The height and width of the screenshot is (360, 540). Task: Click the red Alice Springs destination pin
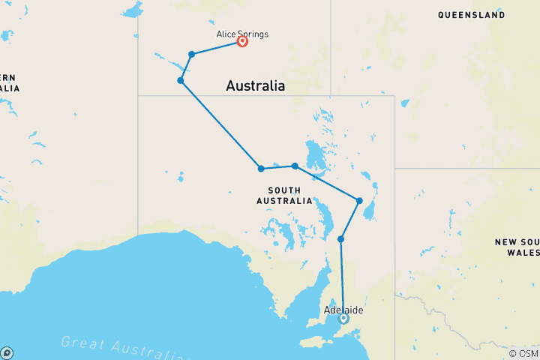tap(243, 41)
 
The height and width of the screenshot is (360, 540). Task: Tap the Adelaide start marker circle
tap(343, 318)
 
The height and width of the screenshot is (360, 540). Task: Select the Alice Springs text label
tap(242, 34)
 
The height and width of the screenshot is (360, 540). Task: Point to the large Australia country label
tap(255, 86)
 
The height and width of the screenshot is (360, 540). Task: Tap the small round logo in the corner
tap(7, 352)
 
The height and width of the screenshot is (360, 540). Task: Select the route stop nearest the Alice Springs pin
tap(192, 54)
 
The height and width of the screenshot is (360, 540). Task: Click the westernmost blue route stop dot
tap(181, 80)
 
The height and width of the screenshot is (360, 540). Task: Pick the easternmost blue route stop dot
tap(360, 200)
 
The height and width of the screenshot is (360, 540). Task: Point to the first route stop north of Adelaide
tap(341, 239)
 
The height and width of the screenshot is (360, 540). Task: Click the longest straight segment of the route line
tap(220, 124)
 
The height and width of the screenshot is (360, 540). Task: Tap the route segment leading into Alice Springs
tap(217, 47)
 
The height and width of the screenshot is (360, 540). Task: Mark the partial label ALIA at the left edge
tap(10, 88)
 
